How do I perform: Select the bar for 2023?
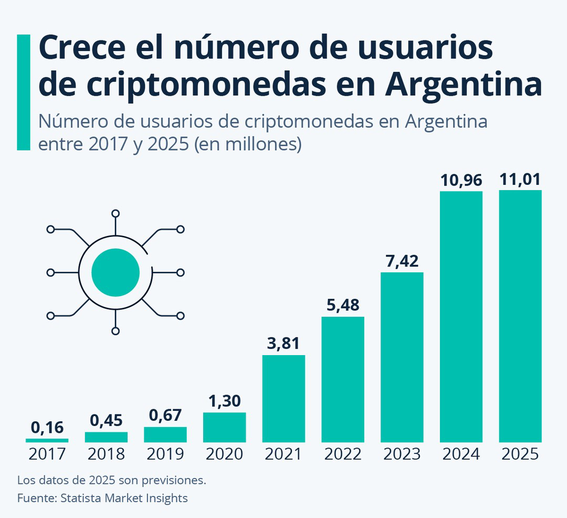point(402,357)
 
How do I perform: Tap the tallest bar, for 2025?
point(520,316)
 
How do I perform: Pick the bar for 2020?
point(224,427)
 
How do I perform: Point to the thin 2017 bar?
point(47,440)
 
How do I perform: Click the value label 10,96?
point(461,180)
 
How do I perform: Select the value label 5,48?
point(343,305)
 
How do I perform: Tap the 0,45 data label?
point(106,420)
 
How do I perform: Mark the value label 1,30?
point(224,401)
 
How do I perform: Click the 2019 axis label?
point(165,454)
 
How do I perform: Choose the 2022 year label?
point(343,454)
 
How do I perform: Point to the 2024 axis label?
point(461,454)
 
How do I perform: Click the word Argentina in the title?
point(463,86)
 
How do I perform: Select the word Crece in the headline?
point(85,48)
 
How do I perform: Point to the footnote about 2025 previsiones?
point(111,480)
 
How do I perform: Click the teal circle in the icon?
point(115,272)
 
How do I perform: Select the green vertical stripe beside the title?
point(24,92)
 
